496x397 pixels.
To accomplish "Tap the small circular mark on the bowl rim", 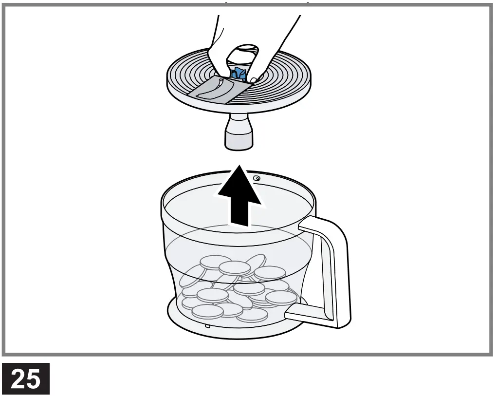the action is click(257, 179).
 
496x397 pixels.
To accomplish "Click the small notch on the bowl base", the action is click(207, 325).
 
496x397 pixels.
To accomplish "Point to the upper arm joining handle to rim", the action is click(316, 224).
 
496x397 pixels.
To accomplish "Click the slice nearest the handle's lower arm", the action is click(280, 298).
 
